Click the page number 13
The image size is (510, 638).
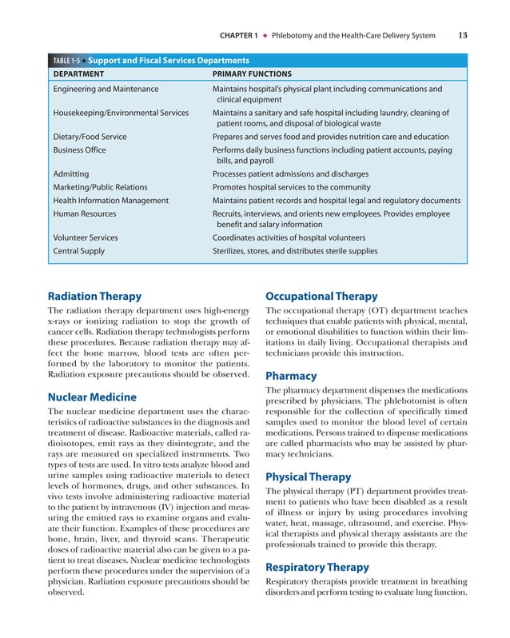coord(464,34)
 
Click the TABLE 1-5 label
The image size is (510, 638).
coord(64,61)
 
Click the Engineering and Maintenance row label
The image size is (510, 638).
coord(106,89)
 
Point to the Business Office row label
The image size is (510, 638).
coord(79,150)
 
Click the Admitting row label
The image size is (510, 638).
coord(71,173)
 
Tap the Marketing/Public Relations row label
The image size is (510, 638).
coord(100,187)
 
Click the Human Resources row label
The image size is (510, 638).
coord(85,213)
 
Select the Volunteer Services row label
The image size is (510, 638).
coord(86,237)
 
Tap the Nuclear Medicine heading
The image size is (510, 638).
coord(92,397)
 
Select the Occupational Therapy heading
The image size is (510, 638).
coord(321,295)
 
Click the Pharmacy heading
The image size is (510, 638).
coord(291,376)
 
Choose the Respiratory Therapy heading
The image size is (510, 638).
coord(317,567)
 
